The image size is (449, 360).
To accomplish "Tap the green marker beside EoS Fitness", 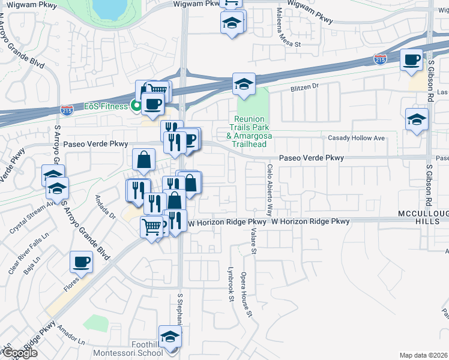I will [x=136, y=106].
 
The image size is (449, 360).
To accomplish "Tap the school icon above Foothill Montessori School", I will [x=170, y=336].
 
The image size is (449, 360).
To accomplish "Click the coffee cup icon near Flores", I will [x=81, y=262].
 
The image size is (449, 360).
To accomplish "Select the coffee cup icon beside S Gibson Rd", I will [x=412, y=60].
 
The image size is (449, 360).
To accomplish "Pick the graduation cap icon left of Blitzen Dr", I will [x=244, y=85].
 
